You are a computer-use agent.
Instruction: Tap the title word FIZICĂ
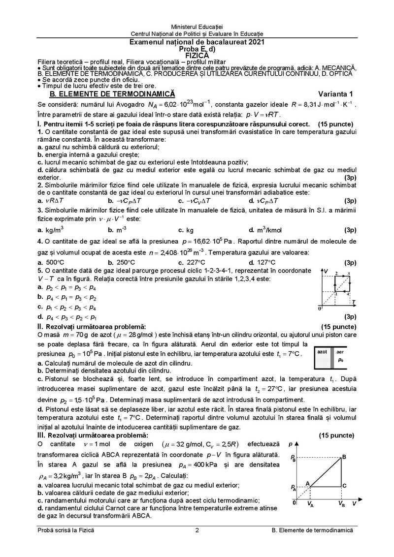(x=197, y=56)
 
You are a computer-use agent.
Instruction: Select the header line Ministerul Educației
(x=197, y=25)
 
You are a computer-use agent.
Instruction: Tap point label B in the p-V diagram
(x=344, y=457)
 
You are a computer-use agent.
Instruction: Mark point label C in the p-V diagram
(x=344, y=486)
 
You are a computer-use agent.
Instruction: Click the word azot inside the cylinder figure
(x=323, y=352)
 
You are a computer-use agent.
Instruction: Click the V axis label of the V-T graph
(x=326, y=271)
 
